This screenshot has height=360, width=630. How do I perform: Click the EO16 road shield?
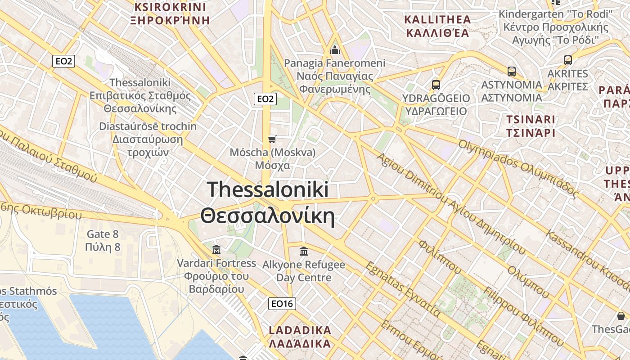click(x=282, y=304)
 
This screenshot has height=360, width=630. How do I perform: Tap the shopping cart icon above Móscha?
click(x=272, y=139)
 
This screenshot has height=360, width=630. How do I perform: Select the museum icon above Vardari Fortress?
click(x=216, y=249)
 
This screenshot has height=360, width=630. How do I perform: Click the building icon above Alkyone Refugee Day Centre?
click(x=304, y=251)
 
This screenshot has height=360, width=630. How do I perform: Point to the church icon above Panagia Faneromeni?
click(x=334, y=49)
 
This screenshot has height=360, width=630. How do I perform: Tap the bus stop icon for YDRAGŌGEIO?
click(x=436, y=85)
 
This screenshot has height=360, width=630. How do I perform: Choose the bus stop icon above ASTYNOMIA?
click(x=512, y=71)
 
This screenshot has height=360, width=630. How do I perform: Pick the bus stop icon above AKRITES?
click(x=568, y=60)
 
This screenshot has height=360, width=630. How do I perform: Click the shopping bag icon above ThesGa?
click(x=621, y=316)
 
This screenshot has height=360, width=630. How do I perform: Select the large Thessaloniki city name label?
click(x=268, y=203)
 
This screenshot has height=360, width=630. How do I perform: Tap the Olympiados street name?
click(x=517, y=168)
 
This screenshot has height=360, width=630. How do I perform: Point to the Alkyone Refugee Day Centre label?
click(x=304, y=271)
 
